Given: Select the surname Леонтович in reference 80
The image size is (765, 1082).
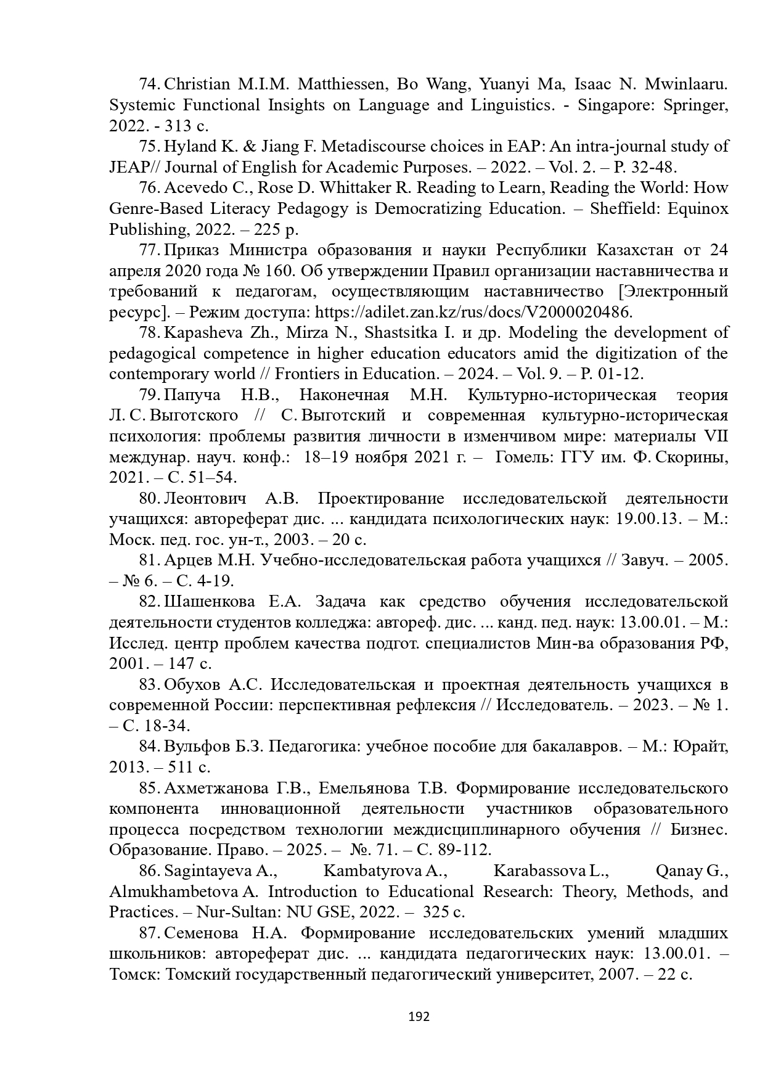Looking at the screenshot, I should coord(205,499).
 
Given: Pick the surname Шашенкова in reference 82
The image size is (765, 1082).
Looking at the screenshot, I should coord(209,602).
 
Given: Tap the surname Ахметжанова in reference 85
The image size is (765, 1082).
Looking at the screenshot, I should coord(216,789).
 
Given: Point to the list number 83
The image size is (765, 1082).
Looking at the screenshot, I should coord(150,685).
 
